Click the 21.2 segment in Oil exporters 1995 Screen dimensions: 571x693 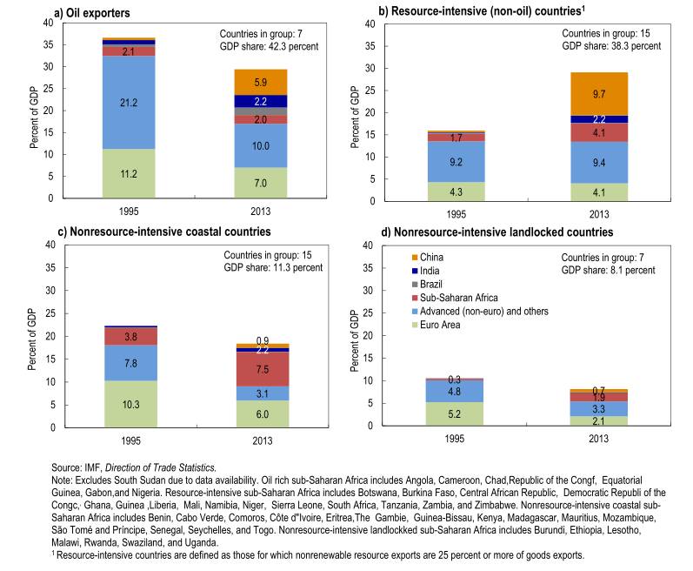tap(128, 102)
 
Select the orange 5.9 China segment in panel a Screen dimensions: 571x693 tap(261, 82)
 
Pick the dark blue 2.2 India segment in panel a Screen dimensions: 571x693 tap(261, 101)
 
